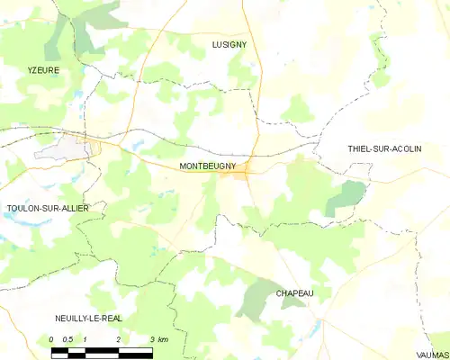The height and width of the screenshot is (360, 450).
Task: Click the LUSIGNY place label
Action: (229, 44)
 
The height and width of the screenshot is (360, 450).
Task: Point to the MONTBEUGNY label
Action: (208, 166)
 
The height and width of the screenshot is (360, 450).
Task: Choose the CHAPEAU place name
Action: (300, 293)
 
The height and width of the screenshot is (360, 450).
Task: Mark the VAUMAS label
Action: (431, 355)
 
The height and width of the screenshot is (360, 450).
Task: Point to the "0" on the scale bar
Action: (52, 338)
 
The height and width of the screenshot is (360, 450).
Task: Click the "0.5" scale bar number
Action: (68, 338)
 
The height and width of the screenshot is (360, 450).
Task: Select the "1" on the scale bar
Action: (85, 338)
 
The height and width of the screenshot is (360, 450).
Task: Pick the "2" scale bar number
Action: (119, 338)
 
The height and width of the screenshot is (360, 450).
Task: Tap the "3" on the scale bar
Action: (151, 338)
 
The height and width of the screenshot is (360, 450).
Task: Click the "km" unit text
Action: (163, 338)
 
